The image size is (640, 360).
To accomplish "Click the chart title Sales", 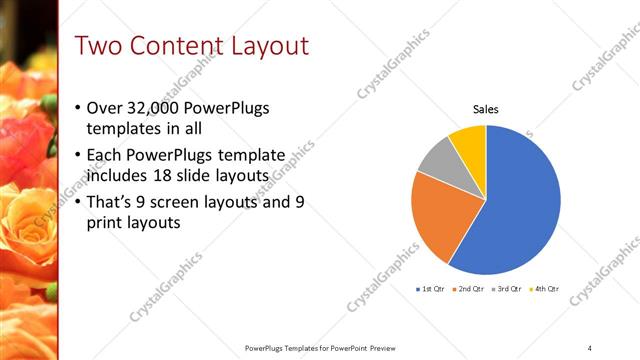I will pos(486,110).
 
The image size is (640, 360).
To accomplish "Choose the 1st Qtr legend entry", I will pos(431,289).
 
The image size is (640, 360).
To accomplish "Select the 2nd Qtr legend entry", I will pos(471,289).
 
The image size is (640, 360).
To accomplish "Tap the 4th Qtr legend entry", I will pos(546,289).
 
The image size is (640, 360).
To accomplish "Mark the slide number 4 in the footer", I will pos(590,348).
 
